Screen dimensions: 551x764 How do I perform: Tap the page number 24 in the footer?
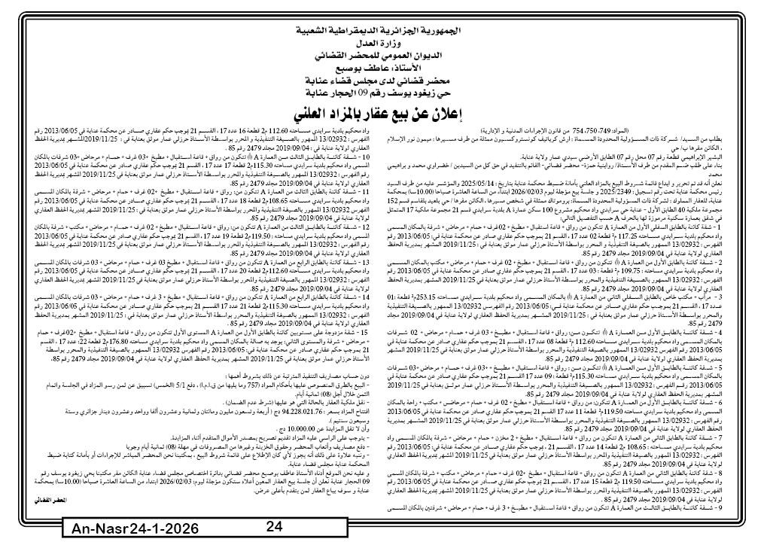274,527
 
